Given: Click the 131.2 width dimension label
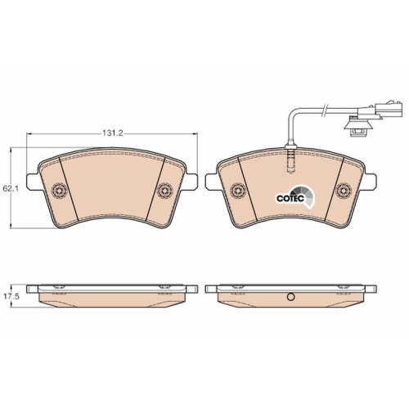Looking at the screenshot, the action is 113,133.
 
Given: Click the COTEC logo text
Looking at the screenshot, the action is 290,198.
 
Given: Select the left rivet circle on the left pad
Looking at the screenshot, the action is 59,189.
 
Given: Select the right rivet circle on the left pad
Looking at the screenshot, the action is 165,189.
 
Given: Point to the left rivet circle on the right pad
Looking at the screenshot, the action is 237,190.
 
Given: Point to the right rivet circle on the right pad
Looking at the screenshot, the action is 344,190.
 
